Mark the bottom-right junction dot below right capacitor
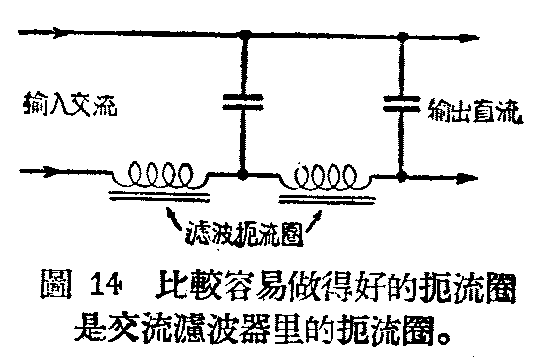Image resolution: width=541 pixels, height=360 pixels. (x=401, y=179)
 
